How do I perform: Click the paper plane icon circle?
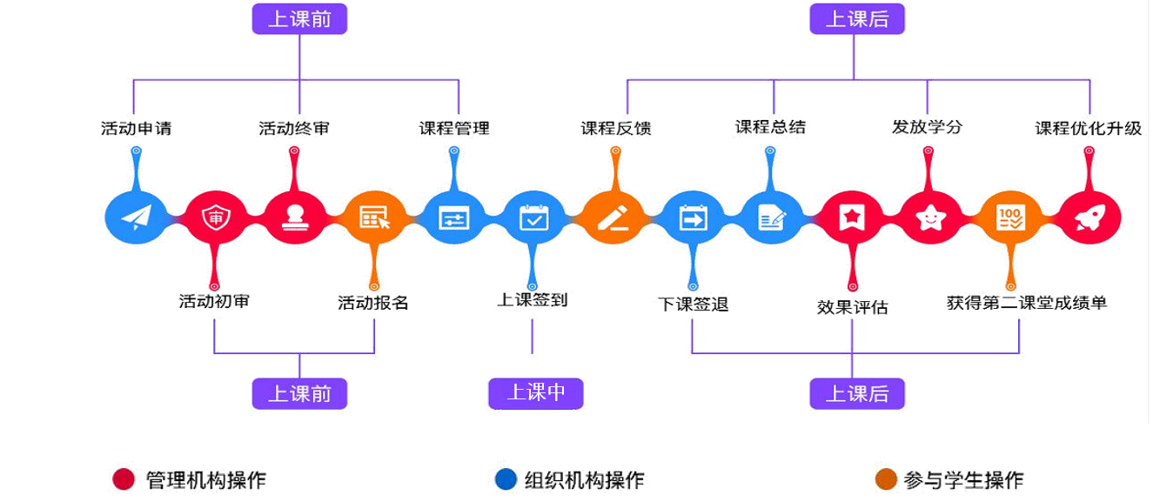135,218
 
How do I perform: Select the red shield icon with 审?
214,218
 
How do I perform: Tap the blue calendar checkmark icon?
533,218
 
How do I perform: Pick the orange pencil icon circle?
613,218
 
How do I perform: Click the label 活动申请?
137,130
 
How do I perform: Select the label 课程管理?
454,130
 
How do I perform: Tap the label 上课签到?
533,303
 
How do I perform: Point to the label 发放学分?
927,130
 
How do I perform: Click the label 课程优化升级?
1089,130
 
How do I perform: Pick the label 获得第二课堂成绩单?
1027,303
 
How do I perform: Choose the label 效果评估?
853,306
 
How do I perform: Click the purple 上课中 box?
536,393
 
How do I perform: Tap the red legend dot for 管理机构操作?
124,479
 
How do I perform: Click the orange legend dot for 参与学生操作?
887,479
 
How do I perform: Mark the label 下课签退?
693,304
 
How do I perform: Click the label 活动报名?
373,303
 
